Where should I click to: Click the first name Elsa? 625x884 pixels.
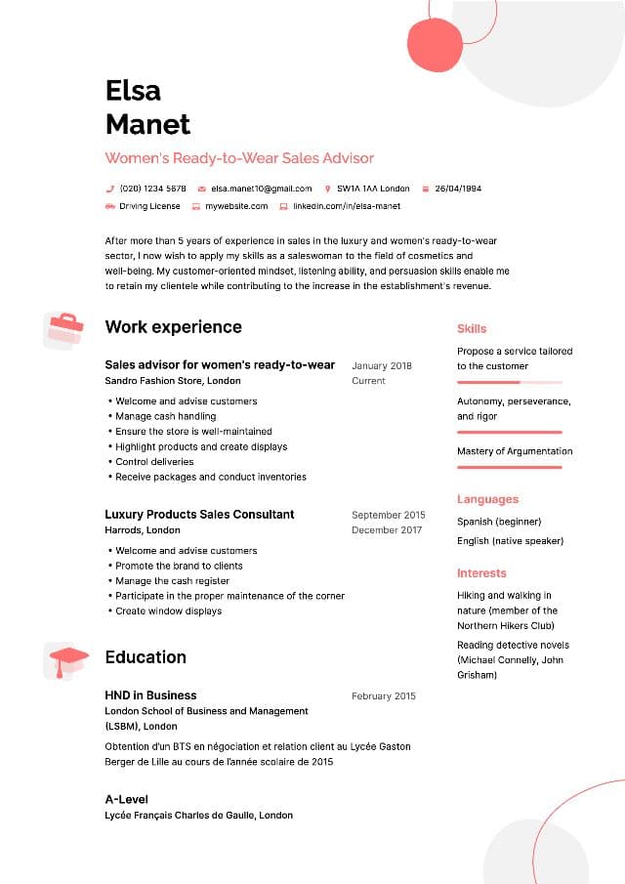coord(133,91)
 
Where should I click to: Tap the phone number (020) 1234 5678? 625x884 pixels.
coord(152,189)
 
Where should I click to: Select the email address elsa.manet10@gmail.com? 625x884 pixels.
coord(261,189)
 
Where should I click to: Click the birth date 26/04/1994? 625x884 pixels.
coord(458,189)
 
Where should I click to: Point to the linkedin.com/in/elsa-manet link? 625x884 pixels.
coord(347,207)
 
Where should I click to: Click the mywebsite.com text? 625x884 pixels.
coord(235,207)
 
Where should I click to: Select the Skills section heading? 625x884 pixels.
coord(472,329)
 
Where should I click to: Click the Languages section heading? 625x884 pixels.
coord(487,499)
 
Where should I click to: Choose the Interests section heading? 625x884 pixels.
coord(481,573)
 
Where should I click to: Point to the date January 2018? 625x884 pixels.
coord(382,366)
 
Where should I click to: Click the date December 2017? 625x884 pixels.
coord(387,530)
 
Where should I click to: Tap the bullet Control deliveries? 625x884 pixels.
coord(154,462)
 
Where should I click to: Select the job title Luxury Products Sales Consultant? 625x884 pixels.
coord(199,515)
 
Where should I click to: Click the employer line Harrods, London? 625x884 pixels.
coord(143,530)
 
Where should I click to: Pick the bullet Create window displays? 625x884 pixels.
coord(168,611)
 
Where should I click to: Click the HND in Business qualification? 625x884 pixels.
coord(150,695)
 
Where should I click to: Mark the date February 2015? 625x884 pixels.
coord(384,696)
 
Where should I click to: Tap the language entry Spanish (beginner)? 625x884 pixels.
coord(499,522)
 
